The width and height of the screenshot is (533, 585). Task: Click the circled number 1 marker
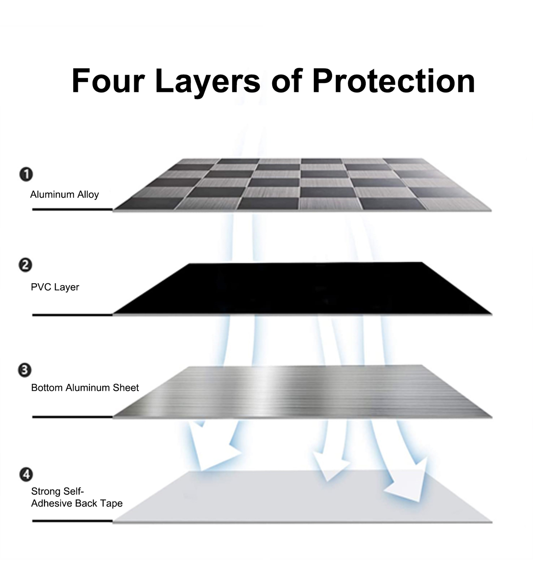(26, 174)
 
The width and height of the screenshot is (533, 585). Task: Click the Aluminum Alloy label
(64, 194)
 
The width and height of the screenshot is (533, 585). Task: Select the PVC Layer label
(55, 287)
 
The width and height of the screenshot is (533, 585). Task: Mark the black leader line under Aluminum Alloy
(72, 209)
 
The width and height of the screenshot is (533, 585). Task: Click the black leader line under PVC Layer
(72, 315)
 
